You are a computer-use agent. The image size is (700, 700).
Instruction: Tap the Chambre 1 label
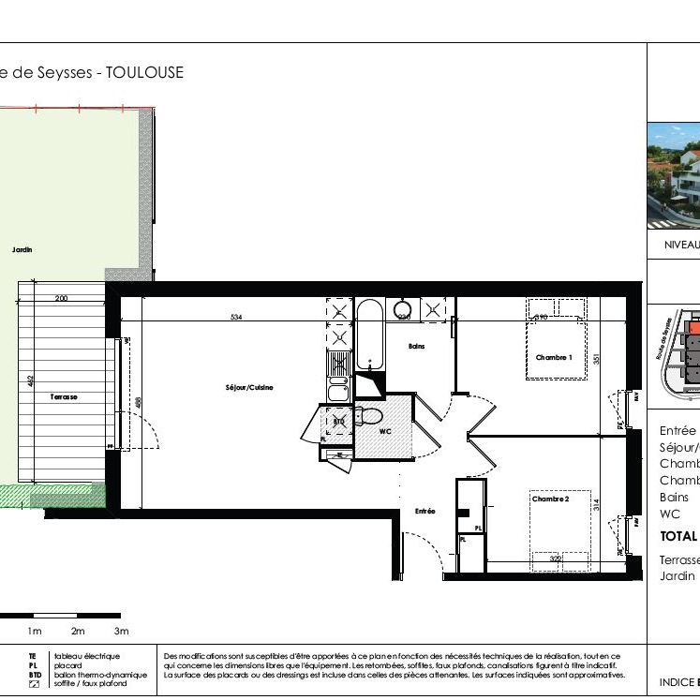click(x=554, y=358)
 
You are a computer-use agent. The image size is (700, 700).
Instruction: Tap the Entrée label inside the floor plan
click(x=425, y=511)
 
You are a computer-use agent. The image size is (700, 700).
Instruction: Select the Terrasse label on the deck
click(x=64, y=397)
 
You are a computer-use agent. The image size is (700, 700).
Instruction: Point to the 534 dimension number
click(x=236, y=318)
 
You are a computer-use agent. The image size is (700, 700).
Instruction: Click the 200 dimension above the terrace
click(x=62, y=298)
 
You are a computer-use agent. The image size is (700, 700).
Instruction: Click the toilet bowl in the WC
click(x=371, y=415)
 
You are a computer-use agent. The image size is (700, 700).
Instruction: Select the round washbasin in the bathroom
click(x=403, y=309)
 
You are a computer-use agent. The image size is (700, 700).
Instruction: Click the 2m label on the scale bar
click(x=78, y=631)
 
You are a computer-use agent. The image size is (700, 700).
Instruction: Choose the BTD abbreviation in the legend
click(x=34, y=675)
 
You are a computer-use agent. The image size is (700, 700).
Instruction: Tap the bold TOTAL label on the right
click(x=678, y=537)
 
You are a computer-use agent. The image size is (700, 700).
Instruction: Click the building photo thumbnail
click(x=674, y=176)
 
